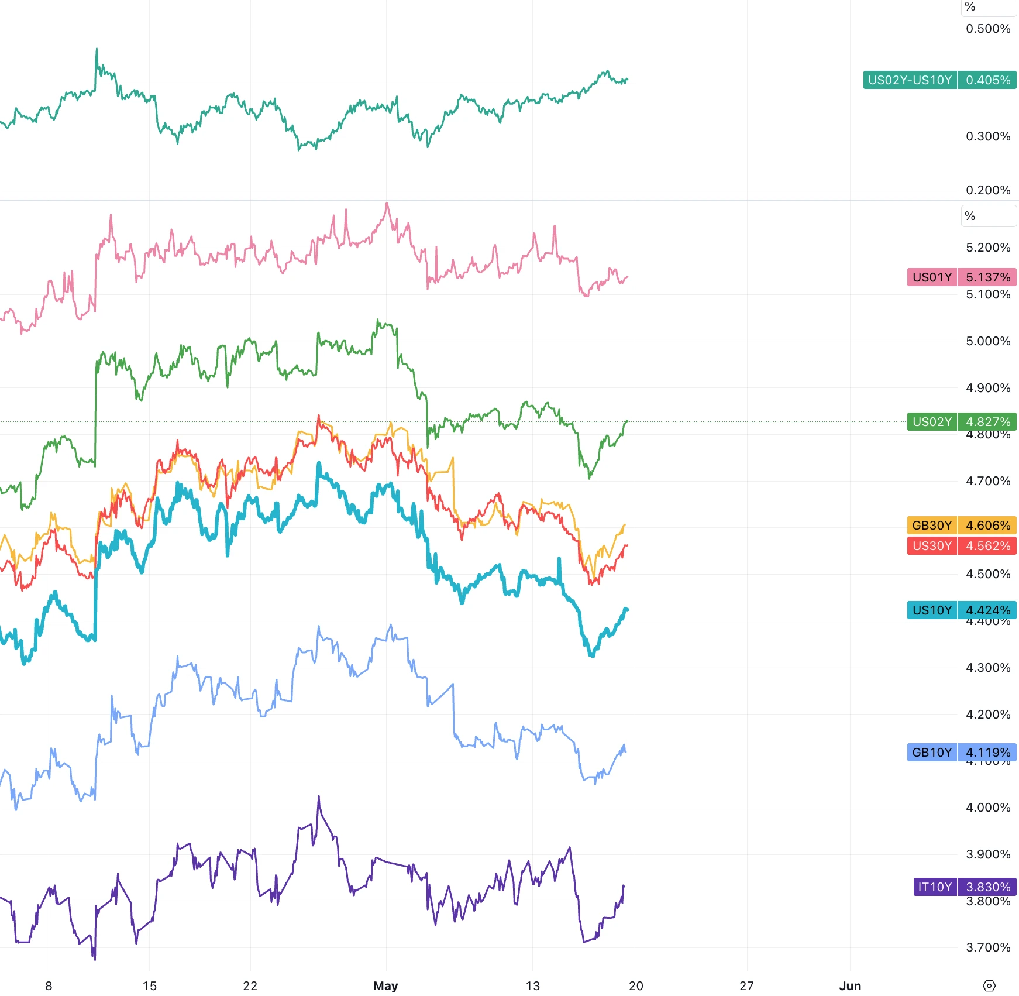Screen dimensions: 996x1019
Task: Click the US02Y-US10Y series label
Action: [x=910, y=80]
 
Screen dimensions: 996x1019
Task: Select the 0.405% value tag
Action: [x=987, y=80]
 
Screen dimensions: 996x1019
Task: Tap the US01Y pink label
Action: [x=932, y=277]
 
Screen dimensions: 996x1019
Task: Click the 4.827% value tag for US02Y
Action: [x=987, y=422]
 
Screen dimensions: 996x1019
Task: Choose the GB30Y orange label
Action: [x=932, y=526]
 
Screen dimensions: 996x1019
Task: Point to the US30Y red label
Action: [x=932, y=546]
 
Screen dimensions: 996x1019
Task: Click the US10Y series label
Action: [x=932, y=610]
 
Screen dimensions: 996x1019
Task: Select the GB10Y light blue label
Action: [x=932, y=753]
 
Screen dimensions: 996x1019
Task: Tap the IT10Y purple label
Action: [x=935, y=887]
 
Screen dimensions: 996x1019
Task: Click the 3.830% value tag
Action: [x=987, y=887]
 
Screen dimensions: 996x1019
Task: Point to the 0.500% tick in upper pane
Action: [x=987, y=29]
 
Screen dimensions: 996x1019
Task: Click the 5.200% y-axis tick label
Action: [x=987, y=248]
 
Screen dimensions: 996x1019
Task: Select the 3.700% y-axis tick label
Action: [x=987, y=947]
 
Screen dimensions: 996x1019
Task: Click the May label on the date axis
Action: [x=385, y=985]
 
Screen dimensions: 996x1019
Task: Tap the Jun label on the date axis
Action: [x=850, y=985]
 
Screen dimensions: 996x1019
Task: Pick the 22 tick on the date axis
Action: [x=250, y=985]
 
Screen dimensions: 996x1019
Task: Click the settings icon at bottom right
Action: [x=989, y=985]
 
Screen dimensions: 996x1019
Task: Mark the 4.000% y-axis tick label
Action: [x=987, y=808]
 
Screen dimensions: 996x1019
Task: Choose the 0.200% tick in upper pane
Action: [x=987, y=190]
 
